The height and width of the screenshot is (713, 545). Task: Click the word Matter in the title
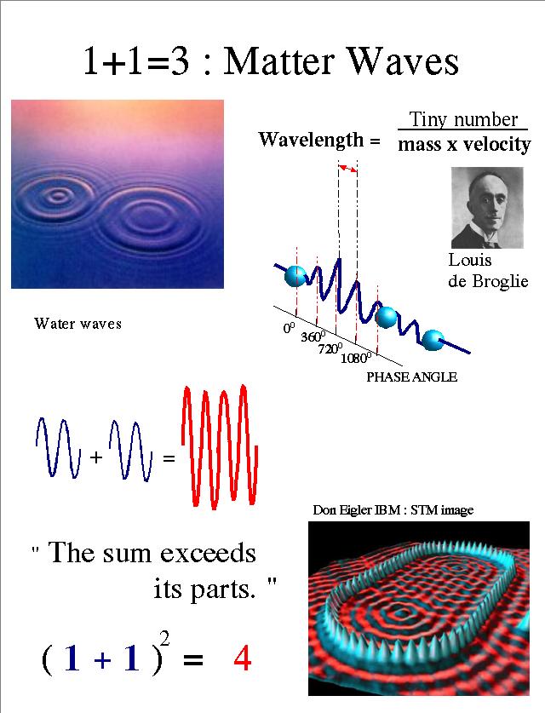(280, 61)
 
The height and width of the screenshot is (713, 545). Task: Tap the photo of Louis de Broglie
(487, 207)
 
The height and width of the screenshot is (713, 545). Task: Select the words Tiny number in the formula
(463, 119)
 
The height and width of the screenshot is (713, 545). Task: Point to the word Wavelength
(312, 139)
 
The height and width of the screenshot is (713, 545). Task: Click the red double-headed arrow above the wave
(347, 169)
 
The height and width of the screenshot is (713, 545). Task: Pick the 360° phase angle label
(313, 336)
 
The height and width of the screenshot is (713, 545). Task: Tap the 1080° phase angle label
(356, 358)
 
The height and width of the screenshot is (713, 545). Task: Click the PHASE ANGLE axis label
(412, 377)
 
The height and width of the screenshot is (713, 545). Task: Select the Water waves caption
(77, 324)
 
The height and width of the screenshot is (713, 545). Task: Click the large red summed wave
(220, 446)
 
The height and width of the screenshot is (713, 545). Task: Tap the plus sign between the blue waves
(95, 457)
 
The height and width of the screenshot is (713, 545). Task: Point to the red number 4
(243, 658)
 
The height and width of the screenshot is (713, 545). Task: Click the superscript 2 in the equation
(165, 639)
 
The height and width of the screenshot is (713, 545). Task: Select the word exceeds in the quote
(208, 553)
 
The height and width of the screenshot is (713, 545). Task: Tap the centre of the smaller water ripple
(58, 197)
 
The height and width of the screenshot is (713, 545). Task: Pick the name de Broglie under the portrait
(488, 281)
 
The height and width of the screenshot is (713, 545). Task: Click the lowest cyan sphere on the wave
(433, 340)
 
